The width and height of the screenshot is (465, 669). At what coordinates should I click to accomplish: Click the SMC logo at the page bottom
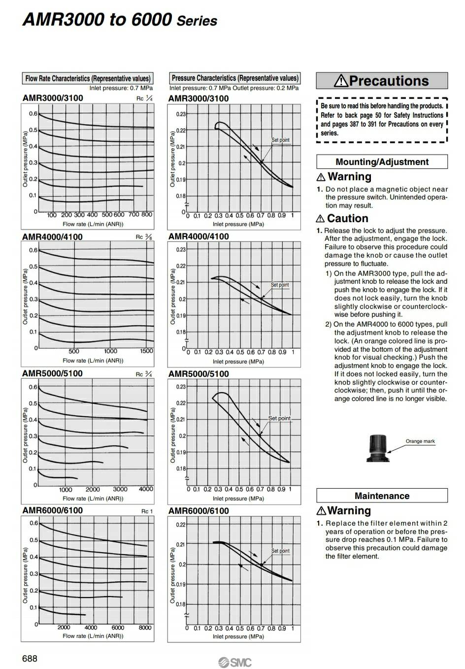point(234,662)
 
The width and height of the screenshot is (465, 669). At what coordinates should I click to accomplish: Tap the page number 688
point(30,658)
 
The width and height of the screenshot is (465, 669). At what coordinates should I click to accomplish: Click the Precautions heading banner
point(382,81)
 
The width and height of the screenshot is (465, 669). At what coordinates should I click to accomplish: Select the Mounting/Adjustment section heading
point(382,162)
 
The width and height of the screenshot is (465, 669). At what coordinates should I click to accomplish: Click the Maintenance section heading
point(382,496)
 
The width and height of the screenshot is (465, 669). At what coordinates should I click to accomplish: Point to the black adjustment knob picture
point(378,448)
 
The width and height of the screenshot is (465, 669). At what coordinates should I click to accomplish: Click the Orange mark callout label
point(420,441)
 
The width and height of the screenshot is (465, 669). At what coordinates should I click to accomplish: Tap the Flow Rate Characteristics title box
point(88,78)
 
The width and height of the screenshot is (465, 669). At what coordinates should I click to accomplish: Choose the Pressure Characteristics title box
point(234,78)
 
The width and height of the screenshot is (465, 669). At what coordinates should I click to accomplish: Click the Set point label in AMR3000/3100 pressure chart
point(281,140)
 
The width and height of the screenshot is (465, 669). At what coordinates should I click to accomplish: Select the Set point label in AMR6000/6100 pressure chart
point(280,551)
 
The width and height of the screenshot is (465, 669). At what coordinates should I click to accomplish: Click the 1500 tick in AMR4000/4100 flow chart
point(146,351)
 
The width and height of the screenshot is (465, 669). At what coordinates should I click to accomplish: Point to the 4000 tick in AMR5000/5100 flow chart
point(146,489)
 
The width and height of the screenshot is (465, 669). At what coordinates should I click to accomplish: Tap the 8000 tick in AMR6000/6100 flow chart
point(145,628)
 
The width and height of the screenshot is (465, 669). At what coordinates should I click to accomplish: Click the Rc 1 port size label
point(147,511)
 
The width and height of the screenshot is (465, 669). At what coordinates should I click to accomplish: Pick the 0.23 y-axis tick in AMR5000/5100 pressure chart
point(181,387)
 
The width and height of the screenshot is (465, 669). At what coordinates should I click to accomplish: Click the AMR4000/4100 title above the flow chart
point(52,236)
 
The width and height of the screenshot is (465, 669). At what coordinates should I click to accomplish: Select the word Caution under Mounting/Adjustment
point(347,218)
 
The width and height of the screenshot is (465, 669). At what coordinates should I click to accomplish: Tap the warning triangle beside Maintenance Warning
point(321,511)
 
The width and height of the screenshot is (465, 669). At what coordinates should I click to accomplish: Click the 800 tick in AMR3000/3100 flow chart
point(147,215)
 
